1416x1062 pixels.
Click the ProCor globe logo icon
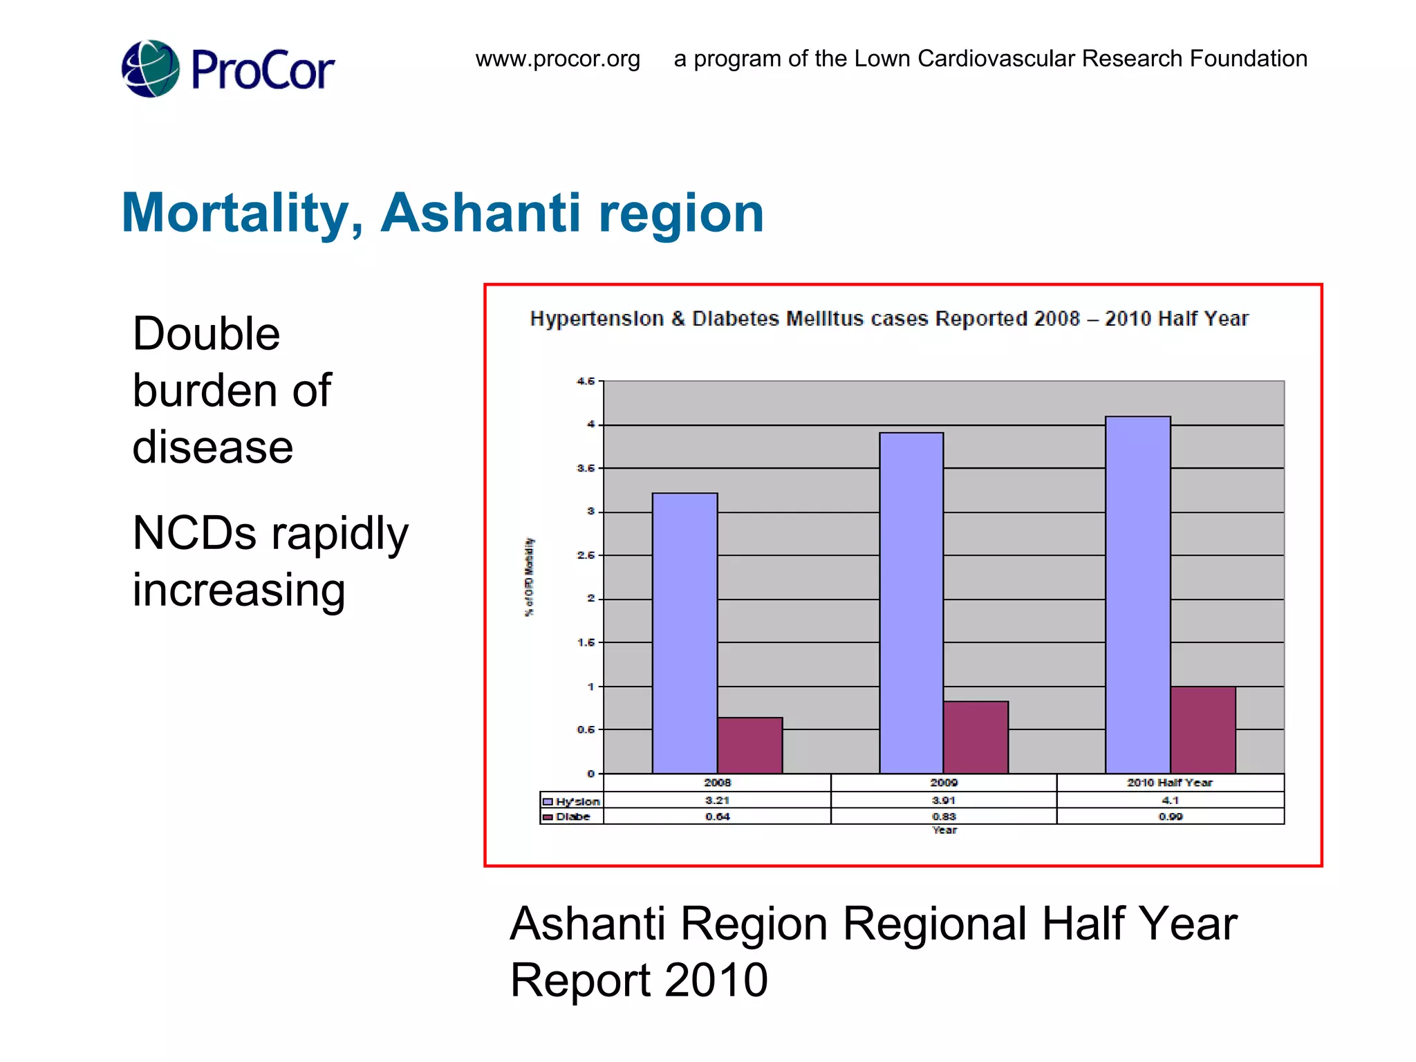coord(150,68)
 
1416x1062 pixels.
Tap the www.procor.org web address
coord(557,59)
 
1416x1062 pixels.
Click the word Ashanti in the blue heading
coord(481,212)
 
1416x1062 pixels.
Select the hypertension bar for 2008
coord(684,633)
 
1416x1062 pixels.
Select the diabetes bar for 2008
coord(749,745)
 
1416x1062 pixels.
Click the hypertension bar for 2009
coord(911,602)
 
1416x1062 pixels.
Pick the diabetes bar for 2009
coord(976,737)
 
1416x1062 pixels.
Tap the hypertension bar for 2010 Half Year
coord(1137,595)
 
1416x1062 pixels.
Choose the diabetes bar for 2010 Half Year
coord(1202,730)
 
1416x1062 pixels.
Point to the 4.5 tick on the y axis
coord(586,381)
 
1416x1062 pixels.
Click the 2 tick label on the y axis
coord(590,599)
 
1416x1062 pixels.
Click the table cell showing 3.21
coord(717,800)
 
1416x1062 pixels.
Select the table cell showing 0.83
coord(943,817)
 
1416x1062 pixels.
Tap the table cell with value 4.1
coord(1170,800)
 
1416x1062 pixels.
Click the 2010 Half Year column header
coord(1170,783)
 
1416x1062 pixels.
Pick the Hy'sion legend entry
coord(572,801)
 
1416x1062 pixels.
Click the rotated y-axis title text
coord(529,577)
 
